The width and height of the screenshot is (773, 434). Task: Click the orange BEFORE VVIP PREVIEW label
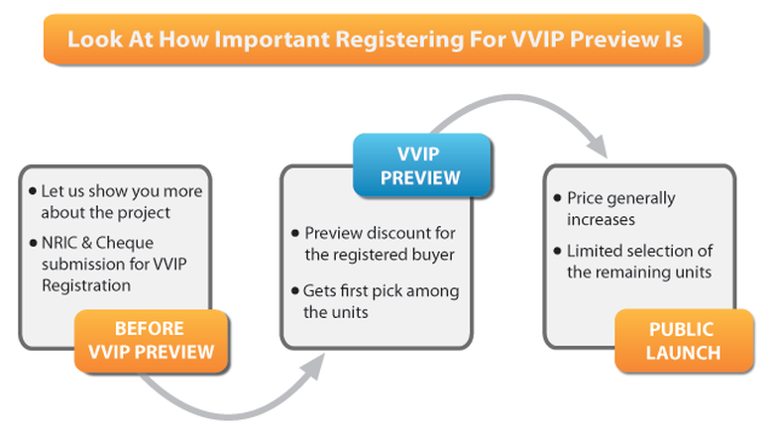(x=152, y=341)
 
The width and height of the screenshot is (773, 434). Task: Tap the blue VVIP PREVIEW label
(x=421, y=165)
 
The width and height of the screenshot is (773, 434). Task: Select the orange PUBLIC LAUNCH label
(x=684, y=341)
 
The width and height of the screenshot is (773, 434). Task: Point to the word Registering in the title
(x=399, y=41)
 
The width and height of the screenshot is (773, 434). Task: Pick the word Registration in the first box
(x=86, y=285)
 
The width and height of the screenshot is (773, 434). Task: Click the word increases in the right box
(x=601, y=219)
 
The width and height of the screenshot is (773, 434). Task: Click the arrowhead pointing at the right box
(x=598, y=145)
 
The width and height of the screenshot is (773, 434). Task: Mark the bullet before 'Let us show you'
(x=33, y=191)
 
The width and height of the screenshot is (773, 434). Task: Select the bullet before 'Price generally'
(x=558, y=198)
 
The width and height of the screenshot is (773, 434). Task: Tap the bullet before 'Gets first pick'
(x=295, y=291)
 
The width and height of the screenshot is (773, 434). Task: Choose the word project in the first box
(x=146, y=214)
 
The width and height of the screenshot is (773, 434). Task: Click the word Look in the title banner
(x=95, y=40)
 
